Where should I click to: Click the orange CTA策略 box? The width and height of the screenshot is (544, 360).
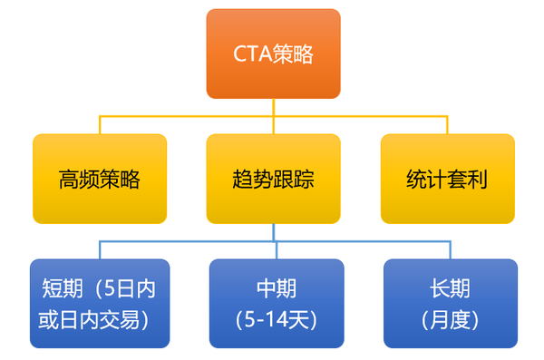pyautogui.click(x=273, y=54)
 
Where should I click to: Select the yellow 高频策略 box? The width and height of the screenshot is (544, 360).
pyautogui.click(x=100, y=179)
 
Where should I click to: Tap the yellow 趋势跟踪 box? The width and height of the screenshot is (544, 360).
pyautogui.click(x=273, y=179)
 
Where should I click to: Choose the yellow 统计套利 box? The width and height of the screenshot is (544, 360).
pyautogui.click(x=447, y=179)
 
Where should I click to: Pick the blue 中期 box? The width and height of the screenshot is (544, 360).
pyautogui.click(x=277, y=304)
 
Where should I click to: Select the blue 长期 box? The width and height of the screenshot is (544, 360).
pyautogui.click(x=451, y=304)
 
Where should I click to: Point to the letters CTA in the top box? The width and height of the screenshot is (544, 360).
pyautogui.click(x=250, y=54)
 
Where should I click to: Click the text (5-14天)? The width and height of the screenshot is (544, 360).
pyautogui.click(x=277, y=319)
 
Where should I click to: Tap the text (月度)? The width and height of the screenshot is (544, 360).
pyautogui.click(x=451, y=319)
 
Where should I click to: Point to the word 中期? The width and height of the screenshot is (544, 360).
pyautogui.click(x=277, y=289)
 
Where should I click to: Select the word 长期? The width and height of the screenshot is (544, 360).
pyautogui.click(x=451, y=289)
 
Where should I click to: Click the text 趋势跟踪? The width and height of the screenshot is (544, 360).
pyautogui.click(x=273, y=179)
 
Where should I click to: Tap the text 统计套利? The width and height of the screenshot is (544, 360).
pyautogui.click(x=447, y=179)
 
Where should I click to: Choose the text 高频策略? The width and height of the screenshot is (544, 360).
pyautogui.click(x=100, y=179)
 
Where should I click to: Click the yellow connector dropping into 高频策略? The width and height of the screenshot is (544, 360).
pyautogui.click(x=100, y=125)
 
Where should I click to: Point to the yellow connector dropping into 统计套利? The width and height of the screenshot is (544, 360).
pyautogui.click(x=447, y=125)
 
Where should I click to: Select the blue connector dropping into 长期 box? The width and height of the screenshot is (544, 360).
pyautogui.click(x=451, y=250)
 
